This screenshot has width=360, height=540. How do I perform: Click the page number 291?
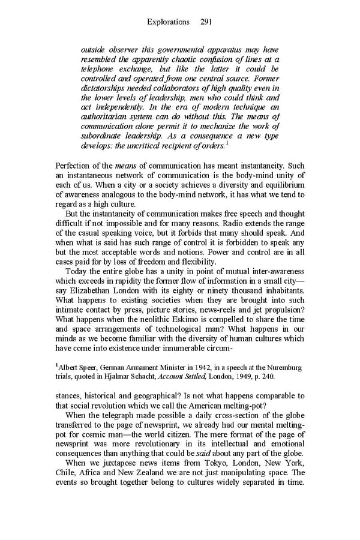coord(205,22)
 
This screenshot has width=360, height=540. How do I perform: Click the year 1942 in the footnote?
coord(214,367)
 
